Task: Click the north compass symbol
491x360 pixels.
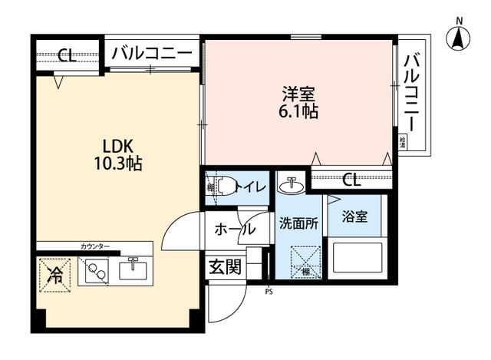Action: (459, 35)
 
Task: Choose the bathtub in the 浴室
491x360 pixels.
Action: (356, 257)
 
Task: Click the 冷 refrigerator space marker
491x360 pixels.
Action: (54, 272)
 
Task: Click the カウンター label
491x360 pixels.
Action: (95, 246)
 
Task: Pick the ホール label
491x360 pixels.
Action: (235, 228)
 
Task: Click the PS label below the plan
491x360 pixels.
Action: (269, 291)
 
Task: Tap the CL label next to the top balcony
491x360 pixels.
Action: (67, 56)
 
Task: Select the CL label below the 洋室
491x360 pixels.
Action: (351, 180)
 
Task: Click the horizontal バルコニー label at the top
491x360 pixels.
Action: (151, 54)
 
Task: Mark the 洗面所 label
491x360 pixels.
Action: (298, 225)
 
